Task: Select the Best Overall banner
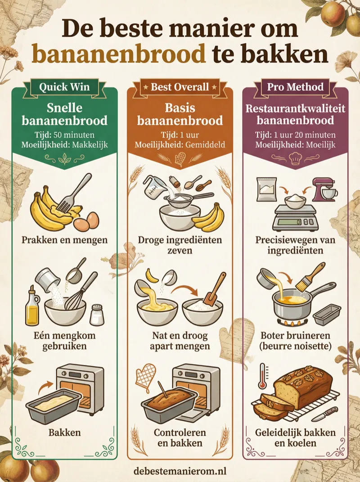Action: coord(180,86)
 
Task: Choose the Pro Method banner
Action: coord(295,86)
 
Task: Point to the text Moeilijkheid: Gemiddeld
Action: coord(180,145)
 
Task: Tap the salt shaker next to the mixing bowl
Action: coord(97,314)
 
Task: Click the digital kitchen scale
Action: coord(295,216)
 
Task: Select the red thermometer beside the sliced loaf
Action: coord(262,376)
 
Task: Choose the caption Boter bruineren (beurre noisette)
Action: coord(295,341)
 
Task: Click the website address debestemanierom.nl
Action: coord(180,471)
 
